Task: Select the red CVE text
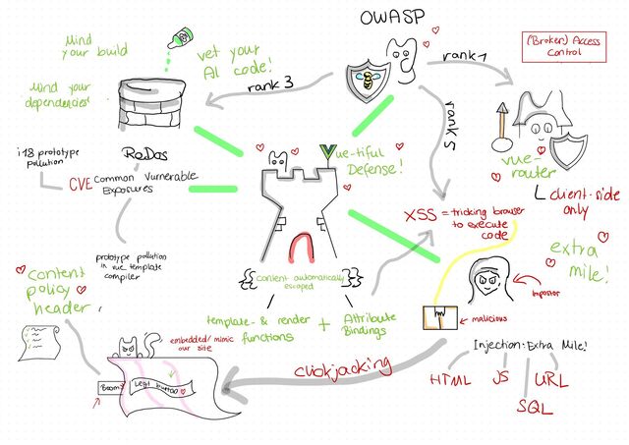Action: [x=82, y=183]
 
